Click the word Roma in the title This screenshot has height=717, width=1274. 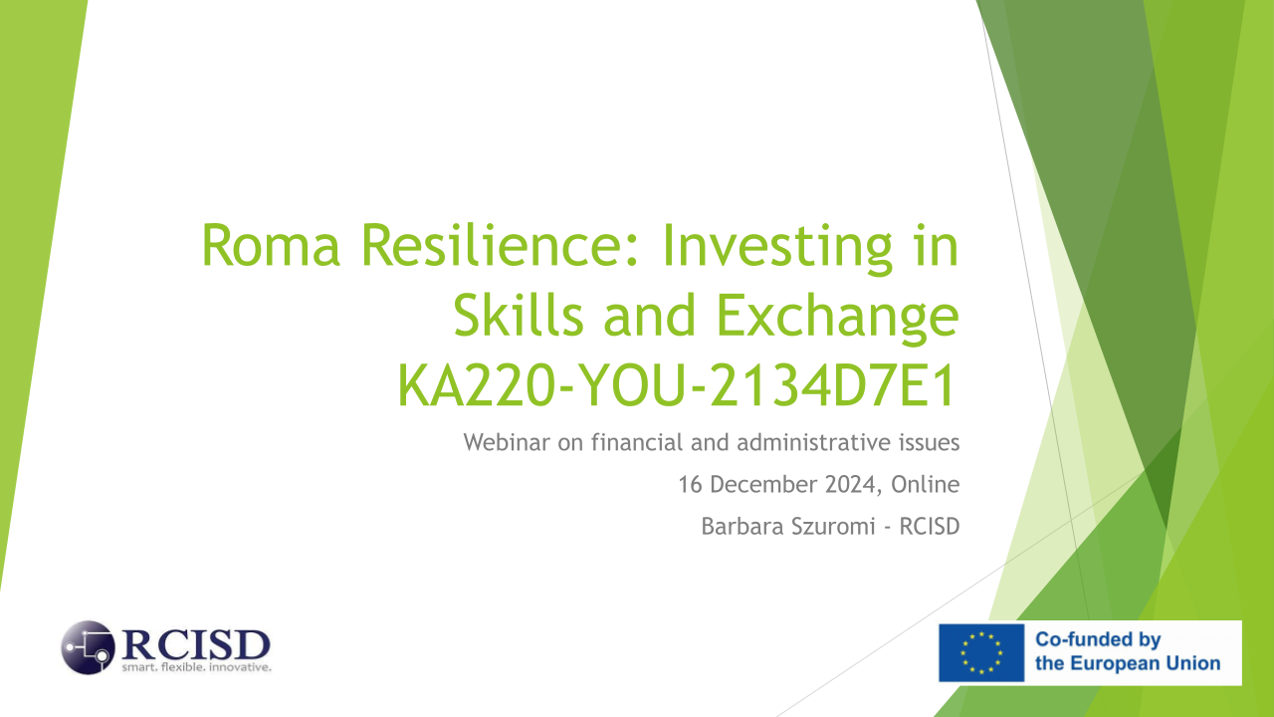pos(271,245)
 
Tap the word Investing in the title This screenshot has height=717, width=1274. pos(777,250)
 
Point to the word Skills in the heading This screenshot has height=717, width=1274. pos(519,315)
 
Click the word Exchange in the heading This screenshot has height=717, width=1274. pos(837,319)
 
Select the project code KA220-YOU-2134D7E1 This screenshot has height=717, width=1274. pos(676,385)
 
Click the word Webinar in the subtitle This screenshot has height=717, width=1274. pos(507,442)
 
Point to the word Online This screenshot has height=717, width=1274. pos(926,484)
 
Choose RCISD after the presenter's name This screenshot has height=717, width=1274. pos(930,527)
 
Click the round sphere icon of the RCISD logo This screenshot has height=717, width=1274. pos(89,647)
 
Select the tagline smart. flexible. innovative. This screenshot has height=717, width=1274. pos(196,667)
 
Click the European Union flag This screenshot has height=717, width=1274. pos(981,652)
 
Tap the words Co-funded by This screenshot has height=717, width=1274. pos(1098,639)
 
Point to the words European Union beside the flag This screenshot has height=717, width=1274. pos(1148,664)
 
